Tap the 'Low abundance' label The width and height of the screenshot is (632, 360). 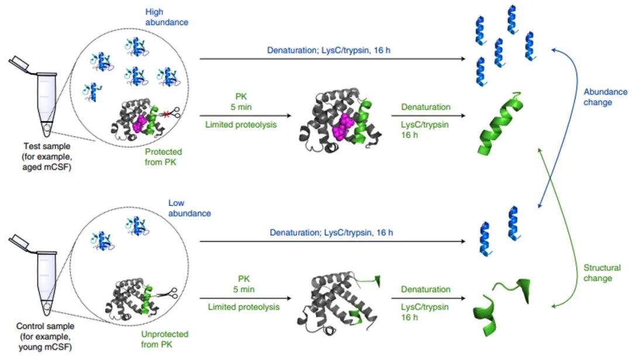tap(189, 208)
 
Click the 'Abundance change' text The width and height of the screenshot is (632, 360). tap(605, 97)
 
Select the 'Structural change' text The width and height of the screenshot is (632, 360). tap(602, 273)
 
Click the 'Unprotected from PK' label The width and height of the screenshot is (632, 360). tap(165, 340)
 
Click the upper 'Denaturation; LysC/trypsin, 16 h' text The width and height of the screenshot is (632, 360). tap(329, 50)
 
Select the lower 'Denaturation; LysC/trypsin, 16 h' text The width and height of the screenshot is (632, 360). tap(331, 232)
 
